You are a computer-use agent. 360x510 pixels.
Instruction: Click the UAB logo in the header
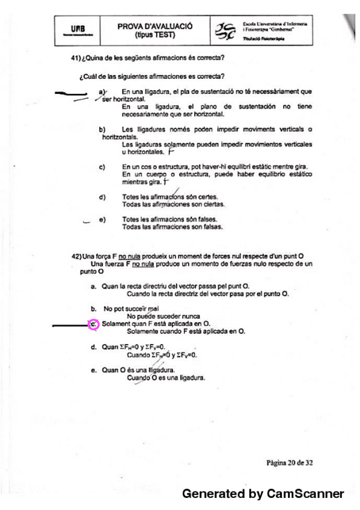click(x=72, y=29)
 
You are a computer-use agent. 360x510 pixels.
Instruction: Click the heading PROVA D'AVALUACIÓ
click(x=156, y=26)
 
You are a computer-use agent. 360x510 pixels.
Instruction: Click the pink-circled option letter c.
click(x=94, y=325)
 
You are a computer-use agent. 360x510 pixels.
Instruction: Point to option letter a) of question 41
click(x=102, y=91)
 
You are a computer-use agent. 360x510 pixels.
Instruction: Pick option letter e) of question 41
click(x=102, y=220)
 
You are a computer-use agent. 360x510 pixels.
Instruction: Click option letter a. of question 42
click(x=94, y=286)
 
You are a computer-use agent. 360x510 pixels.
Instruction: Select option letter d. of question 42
click(x=94, y=347)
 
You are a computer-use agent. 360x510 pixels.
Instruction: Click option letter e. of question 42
click(x=94, y=369)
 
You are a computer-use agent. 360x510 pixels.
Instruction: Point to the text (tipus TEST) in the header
click(x=156, y=35)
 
